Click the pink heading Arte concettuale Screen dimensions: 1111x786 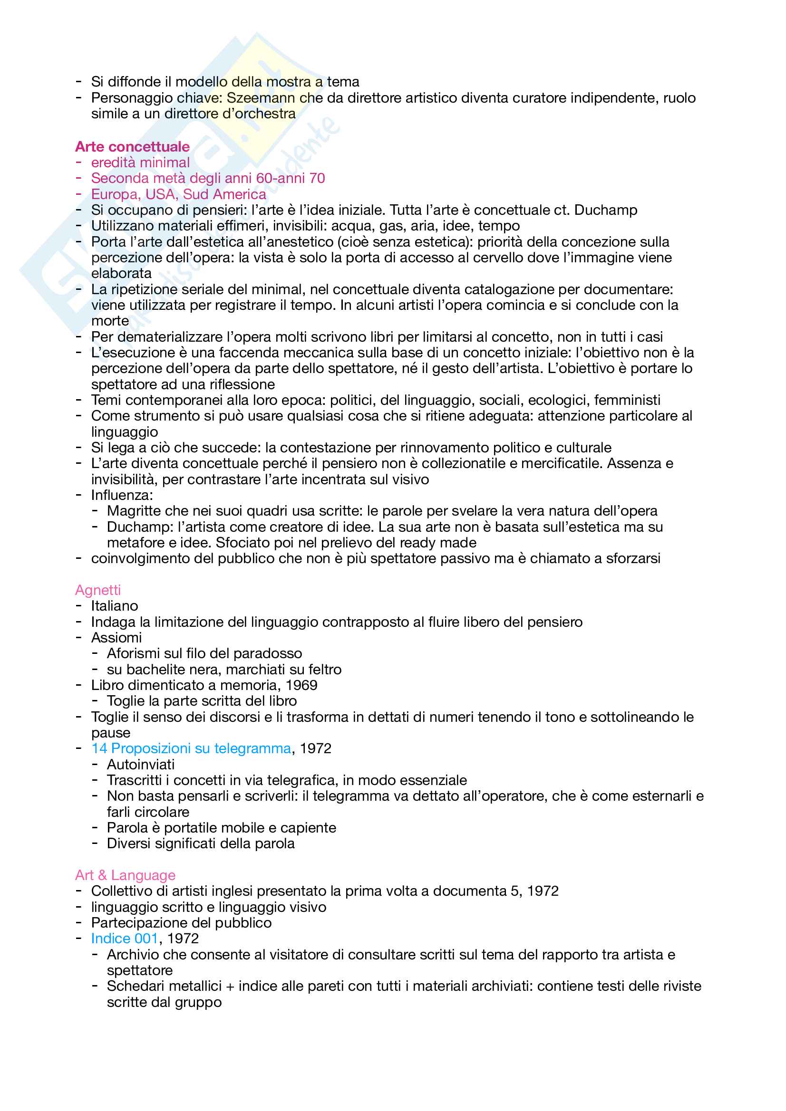pyautogui.click(x=132, y=147)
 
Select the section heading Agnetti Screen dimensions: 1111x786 pyautogui.click(x=98, y=590)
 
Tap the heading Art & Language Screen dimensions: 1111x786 pyautogui.click(x=125, y=875)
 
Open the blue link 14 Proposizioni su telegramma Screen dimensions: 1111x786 pyautogui.click(x=191, y=748)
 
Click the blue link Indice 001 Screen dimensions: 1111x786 pyautogui.click(x=125, y=938)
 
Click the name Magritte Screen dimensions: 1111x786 pyautogui.click(x=134, y=511)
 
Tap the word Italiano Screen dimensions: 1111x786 pyautogui.click(x=114, y=606)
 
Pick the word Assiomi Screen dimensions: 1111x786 pyautogui.click(x=116, y=638)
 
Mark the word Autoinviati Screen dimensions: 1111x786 pyautogui.click(x=140, y=765)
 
